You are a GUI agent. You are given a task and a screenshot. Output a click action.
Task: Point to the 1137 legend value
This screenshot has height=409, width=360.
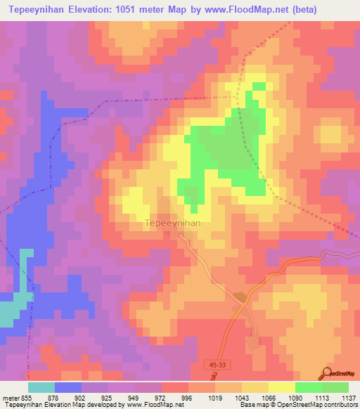pyautogui.click(x=349, y=397)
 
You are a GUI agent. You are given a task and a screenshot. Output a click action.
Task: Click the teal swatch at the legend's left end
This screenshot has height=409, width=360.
pyautogui.click(x=41, y=387)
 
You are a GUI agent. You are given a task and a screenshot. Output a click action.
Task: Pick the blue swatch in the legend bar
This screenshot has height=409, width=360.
pyautogui.click(x=67, y=387)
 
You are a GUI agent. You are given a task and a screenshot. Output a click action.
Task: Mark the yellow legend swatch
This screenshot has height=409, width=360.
pyautogui.click(x=281, y=387)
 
